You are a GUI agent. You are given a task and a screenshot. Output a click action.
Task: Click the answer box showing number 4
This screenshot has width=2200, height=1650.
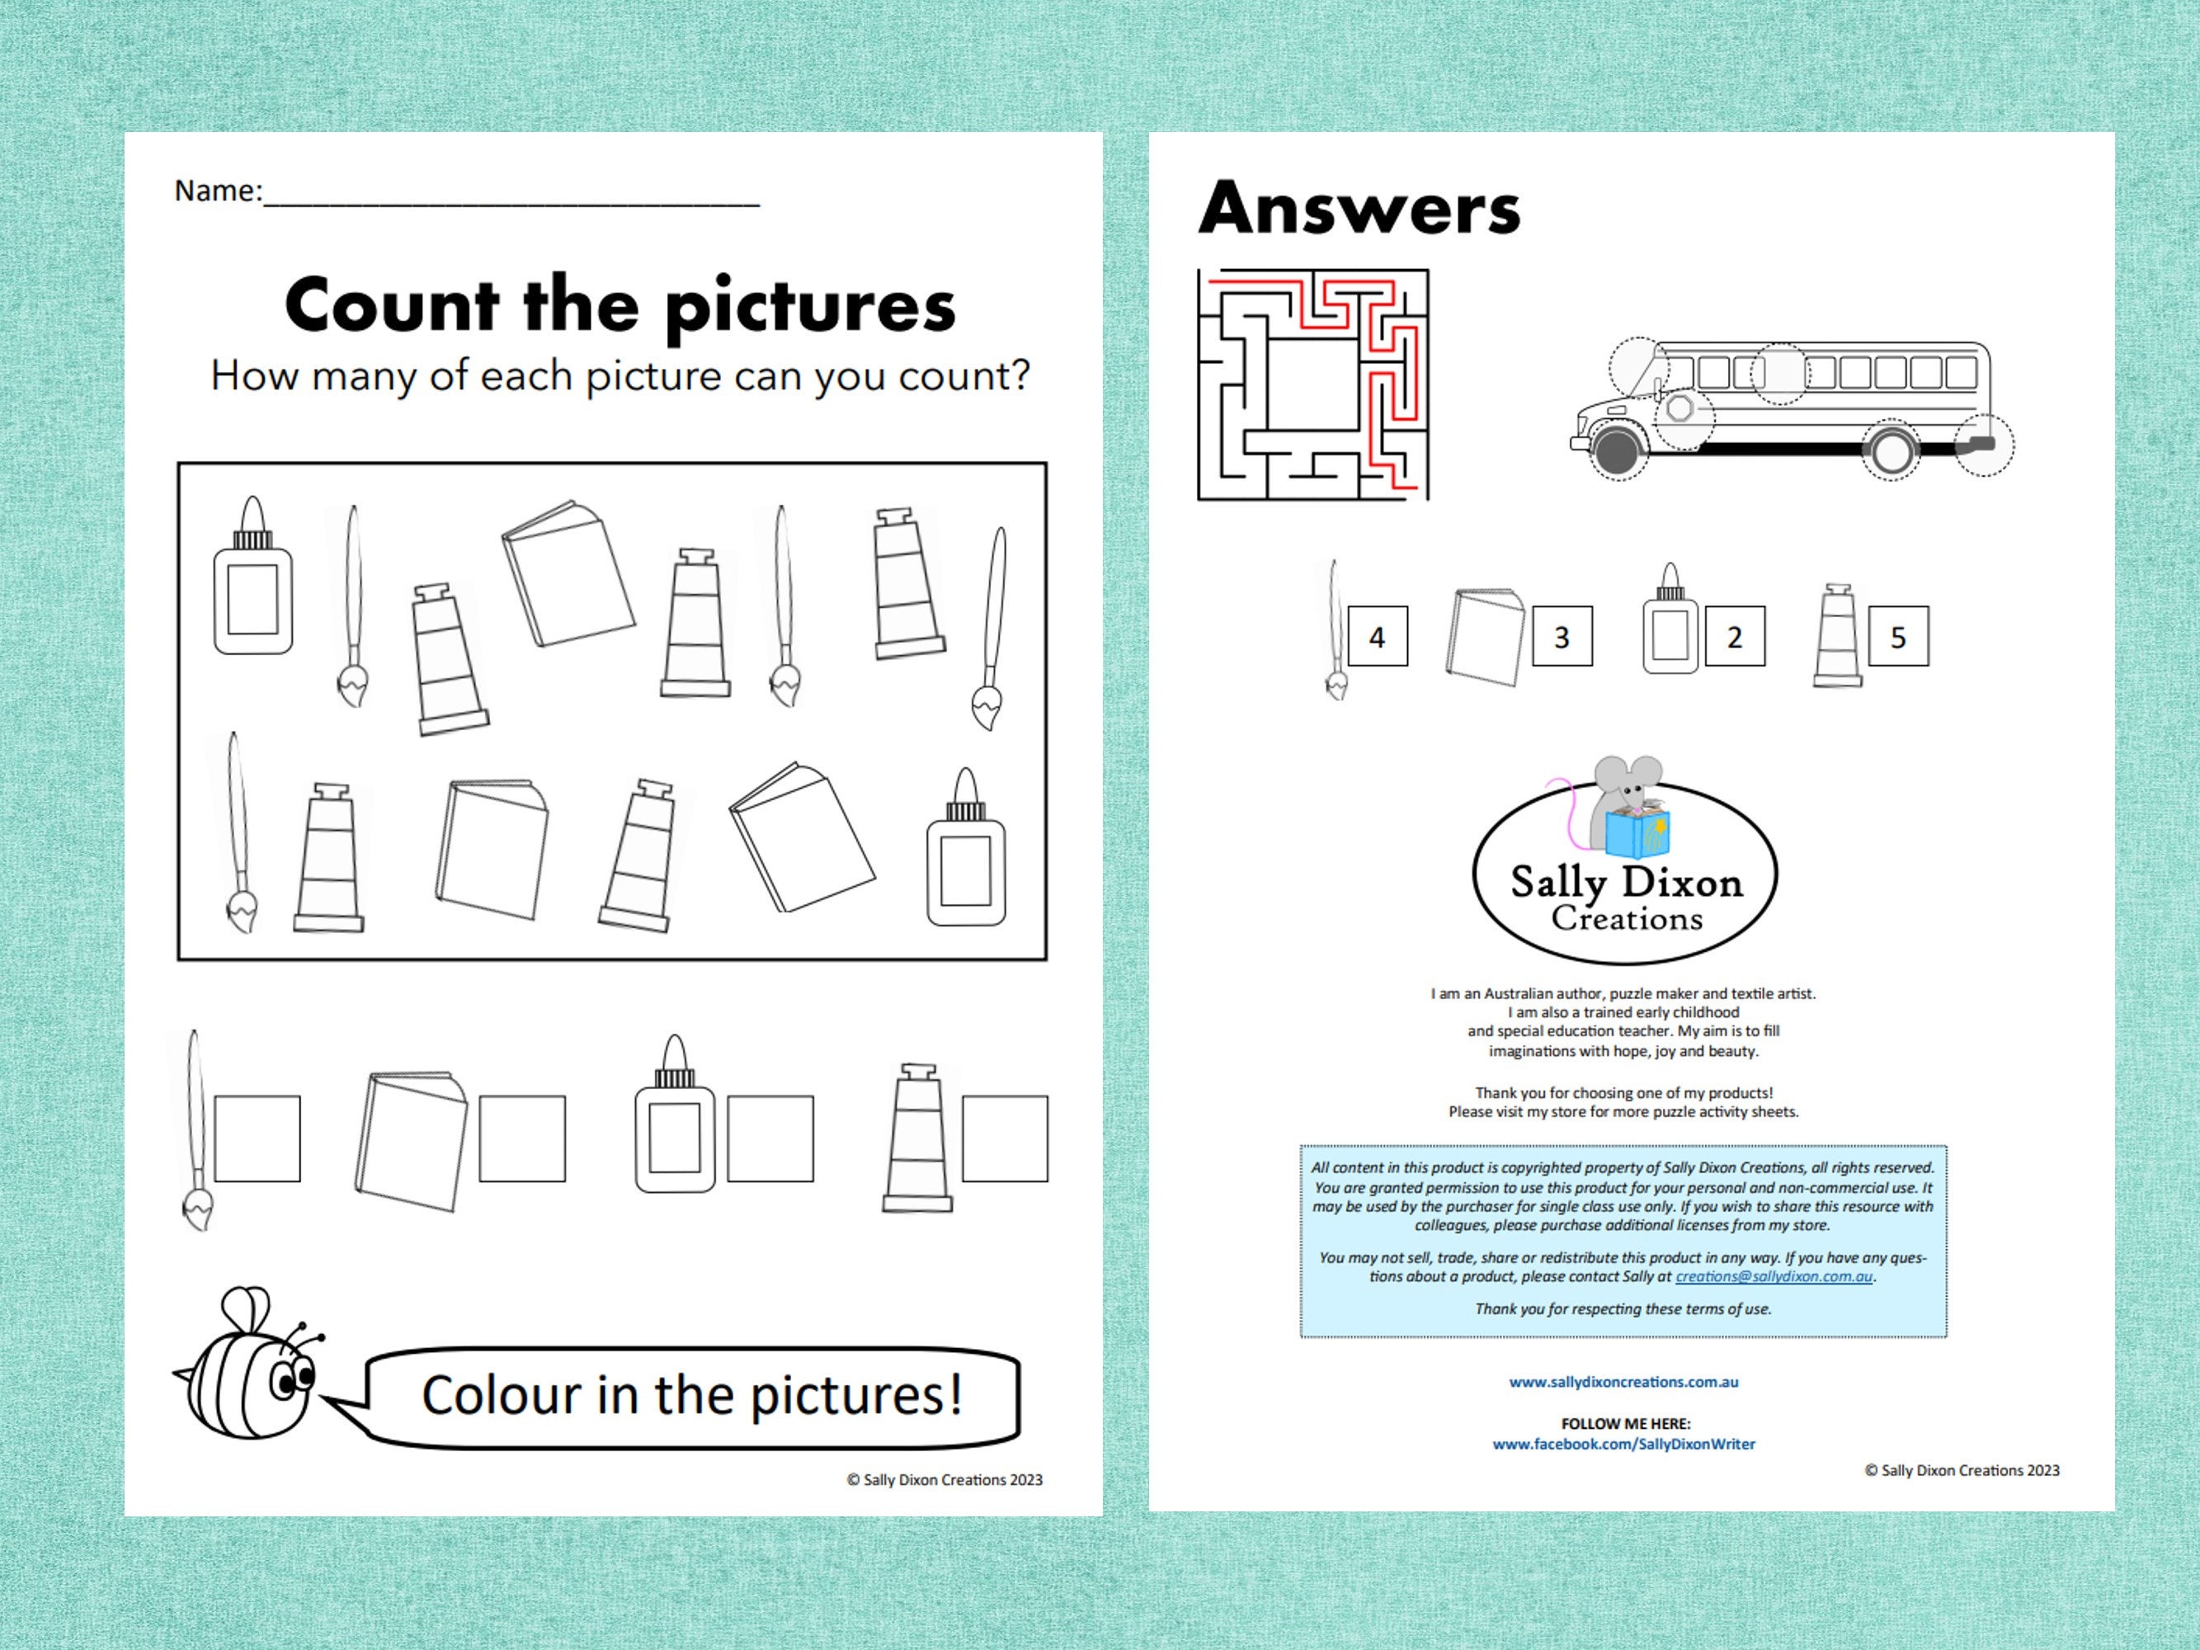pyautogui.click(x=1378, y=637)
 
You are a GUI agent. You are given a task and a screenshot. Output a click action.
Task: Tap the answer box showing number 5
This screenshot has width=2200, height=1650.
pyautogui.click(x=1897, y=637)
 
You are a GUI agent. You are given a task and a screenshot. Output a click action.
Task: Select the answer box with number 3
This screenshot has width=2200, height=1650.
pyautogui.click(x=1562, y=637)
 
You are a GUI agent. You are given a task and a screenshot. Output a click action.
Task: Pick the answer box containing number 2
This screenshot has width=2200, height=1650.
pyautogui.click(x=1735, y=637)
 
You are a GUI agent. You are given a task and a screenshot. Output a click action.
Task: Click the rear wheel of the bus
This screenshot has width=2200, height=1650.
pyautogui.click(x=1890, y=450)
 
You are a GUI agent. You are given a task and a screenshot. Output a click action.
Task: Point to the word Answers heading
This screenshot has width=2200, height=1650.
pyautogui.click(x=1359, y=209)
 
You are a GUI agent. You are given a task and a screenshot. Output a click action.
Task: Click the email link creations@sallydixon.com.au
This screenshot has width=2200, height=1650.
pyautogui.click(x=1774, y=1276)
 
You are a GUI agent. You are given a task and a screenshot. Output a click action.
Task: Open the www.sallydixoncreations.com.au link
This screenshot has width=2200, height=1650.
pyautogui.click(x=1623, y=1382)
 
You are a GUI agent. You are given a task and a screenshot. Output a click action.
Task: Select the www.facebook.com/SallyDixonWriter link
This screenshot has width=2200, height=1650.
pyautogui.click(x=1623, y=1443)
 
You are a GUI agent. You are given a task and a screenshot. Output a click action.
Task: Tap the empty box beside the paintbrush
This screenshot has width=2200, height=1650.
pyautogui.click(x=257, y=1138)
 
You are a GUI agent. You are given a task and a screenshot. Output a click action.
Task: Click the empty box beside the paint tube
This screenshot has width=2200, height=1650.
pyautogui.click(x=1005, y=1138)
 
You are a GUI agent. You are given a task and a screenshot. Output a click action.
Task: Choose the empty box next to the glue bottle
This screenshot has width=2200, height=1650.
pyautogui.click(x=770, y=1138)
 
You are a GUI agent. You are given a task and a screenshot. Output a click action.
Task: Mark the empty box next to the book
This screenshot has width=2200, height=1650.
pyautogui.click(x=522, y=1138)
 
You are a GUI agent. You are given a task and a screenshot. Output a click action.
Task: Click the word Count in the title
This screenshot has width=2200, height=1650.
pyautogui.click(x=392, y=305)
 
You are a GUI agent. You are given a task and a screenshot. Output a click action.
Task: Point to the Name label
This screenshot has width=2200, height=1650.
pyautogui.click(x=218, y=190)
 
